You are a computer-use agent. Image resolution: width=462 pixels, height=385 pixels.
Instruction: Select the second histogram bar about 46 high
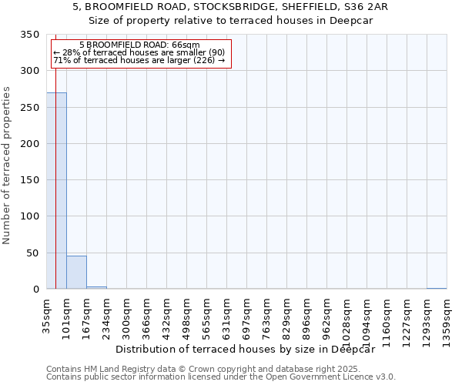click(x=76, y=273)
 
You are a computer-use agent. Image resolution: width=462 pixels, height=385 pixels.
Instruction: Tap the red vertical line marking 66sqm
click(x=56, y=154)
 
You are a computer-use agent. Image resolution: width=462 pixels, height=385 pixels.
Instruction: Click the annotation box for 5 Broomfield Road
click(x=140, y=53)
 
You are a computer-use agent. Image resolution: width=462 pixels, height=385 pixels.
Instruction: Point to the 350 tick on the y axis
click(x=30, y=35)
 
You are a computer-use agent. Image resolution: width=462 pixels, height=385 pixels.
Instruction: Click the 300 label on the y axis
click(x=30, y=71)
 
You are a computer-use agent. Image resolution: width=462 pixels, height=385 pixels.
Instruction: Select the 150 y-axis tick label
click(x=30, y=180)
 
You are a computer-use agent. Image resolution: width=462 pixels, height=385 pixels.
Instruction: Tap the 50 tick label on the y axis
click(x=33, y=253)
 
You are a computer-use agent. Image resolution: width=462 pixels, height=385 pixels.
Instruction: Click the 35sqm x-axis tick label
click(x=47, y=314)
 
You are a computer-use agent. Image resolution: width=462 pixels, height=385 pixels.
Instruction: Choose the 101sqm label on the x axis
click(x=67, y=314)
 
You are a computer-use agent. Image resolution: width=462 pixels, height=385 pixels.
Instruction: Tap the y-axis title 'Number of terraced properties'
click(x=8, y=165)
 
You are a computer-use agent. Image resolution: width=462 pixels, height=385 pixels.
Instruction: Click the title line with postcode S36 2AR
click(x=230, y=7)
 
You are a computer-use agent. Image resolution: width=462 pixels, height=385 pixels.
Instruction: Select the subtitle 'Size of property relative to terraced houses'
click(x=230, y=21)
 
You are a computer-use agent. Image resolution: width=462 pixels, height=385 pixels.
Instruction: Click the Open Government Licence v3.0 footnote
click(x=221, y=377)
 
